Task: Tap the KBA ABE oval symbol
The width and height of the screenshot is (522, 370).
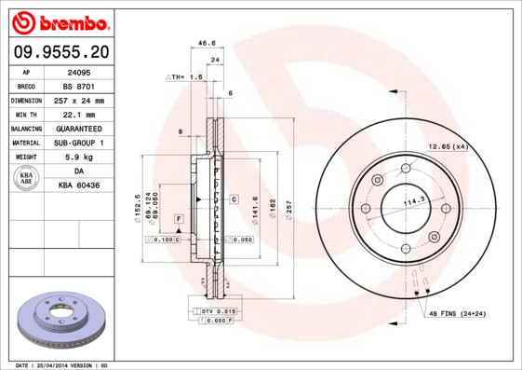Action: (26, 179)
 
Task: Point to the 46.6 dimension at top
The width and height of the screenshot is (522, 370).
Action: (207, 43)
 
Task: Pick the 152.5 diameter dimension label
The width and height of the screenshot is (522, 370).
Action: (138, 205)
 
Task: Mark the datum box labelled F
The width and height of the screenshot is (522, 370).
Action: (178, 218)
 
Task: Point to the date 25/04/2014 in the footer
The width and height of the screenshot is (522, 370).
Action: (60, 365)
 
